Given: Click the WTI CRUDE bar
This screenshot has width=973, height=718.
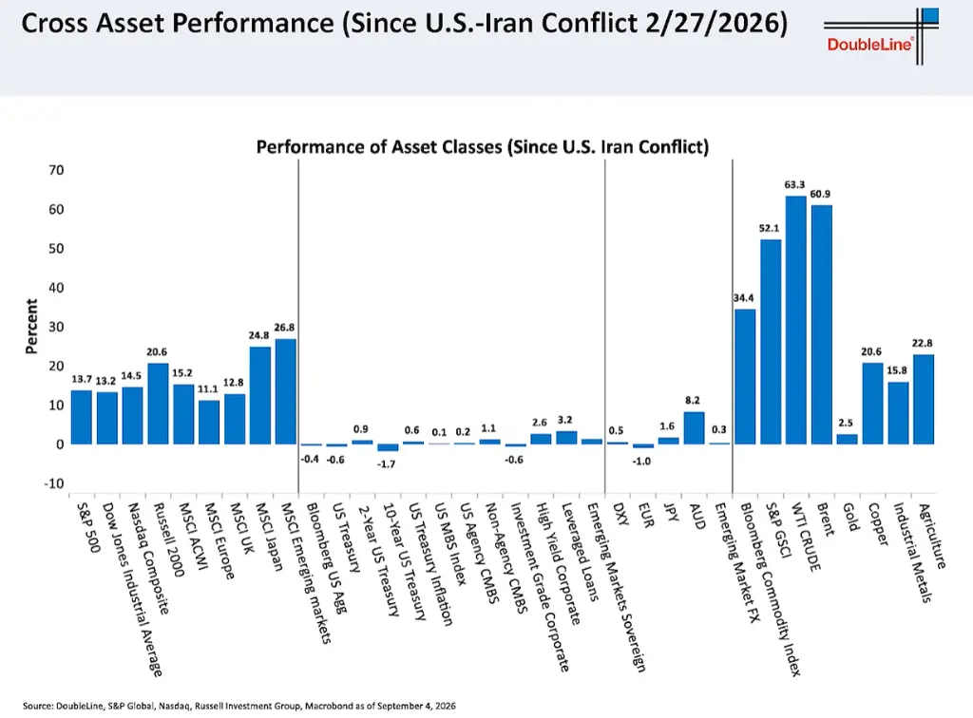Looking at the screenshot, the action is pyautogui.click(x=795, y=320).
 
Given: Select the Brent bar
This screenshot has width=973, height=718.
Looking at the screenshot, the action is pyautogui.click(x=821, y=324).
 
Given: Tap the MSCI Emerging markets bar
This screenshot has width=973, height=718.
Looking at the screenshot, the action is pyautogui.click(x=285, y=391).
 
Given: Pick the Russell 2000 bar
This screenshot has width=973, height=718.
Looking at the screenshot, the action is pyautogui.click(x=158, y=404).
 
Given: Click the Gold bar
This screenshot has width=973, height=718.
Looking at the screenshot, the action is pyautogui.click(x=847, y=439).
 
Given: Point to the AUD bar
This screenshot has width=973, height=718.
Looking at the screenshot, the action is pyautogui.click(x=694, y=427).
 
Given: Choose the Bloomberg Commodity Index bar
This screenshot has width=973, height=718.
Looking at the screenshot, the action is pyautogui.click(x=745, y=376).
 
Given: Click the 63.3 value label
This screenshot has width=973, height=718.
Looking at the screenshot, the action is pyautogui.click(x=794, y=185).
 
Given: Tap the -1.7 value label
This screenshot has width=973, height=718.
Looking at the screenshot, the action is pyautogui.click(x=386, y=463).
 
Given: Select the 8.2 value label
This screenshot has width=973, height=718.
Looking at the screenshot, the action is pyautogui.click(x=693, y=401).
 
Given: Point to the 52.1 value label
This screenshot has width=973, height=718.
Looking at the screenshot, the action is pyautogui.click(x=769, y=228).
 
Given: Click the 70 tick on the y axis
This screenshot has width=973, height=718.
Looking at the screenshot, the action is pyautogui.click(x=56, y=170).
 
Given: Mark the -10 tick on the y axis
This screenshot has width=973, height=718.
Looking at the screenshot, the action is pyautogui.click(x=54, y=483).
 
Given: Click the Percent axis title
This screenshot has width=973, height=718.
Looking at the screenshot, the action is pyautogui.click(x=31, y=326).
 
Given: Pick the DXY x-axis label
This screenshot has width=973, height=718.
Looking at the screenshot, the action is pyautogui.click(x=620, y=514).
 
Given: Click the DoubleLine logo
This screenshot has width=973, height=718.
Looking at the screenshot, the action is pyautogui.click(x=881, y=36).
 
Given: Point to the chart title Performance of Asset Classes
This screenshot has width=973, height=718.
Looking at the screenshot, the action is pyautogui.click(x=482, y=147).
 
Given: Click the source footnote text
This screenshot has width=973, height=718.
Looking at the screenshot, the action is pyautogui.click(x=238, y=706).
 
